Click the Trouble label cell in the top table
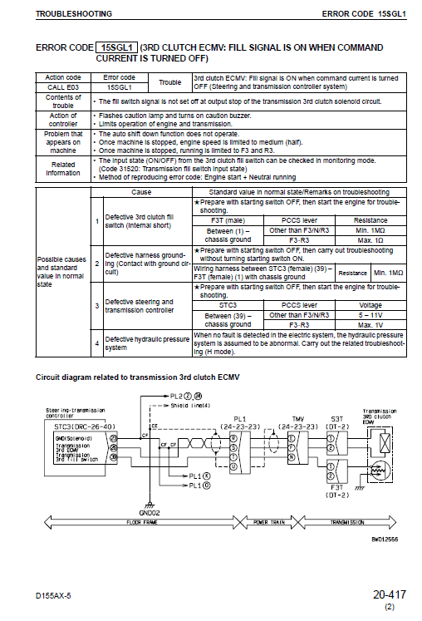pos(169,81)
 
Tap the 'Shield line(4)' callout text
pos(190,405)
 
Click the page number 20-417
pos(389,594)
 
